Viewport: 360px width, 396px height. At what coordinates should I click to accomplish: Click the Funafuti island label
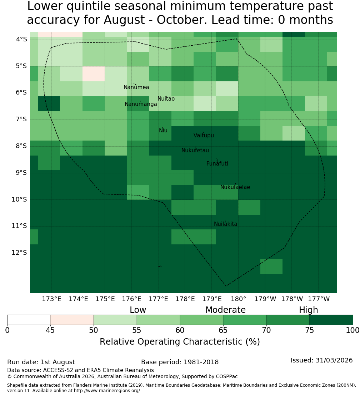[x=217, y=164]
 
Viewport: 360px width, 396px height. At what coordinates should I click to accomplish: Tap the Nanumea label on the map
[x=136, y=87]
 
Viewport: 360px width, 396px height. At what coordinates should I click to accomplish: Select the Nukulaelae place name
[x=235, y=187]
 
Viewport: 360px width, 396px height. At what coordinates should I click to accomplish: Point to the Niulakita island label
[x=225, y=224]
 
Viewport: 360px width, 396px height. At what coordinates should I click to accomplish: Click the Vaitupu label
[x=204, y=136]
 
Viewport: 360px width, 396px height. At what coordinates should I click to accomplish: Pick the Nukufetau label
[x=195, y=151]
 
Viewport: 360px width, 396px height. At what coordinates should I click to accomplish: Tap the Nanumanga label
[x=141, y=104]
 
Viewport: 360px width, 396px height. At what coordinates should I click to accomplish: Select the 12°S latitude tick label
[x=19, y=253]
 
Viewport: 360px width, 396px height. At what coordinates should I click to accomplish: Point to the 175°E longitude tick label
[x=105, y=299]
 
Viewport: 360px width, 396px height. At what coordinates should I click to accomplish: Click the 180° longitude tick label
[x=239, y=299]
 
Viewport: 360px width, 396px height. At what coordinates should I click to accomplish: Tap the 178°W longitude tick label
[x=292, y=299]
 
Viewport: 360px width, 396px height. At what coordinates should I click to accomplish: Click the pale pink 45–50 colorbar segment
[x=72, y=320]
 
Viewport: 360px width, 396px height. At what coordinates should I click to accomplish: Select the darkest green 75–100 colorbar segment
[x=331, y=320]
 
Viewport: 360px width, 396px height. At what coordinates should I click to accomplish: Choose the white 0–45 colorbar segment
[x=29, y=320]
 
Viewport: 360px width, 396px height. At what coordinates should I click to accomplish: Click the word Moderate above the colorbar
[x=225, y=310]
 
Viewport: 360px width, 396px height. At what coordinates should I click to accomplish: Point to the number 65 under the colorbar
[x=223, y=330]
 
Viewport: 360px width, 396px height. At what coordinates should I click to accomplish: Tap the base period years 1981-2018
[x=201, y=362]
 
